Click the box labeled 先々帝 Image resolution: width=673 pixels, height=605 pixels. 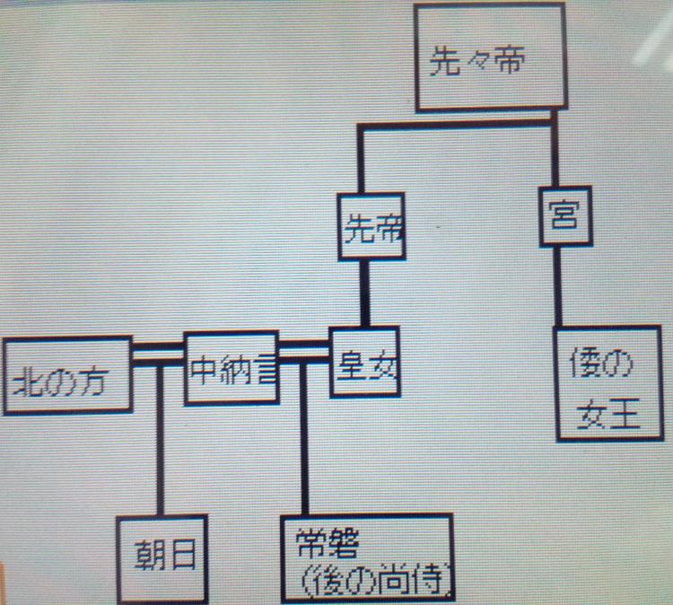pyautogui.click(x=490, y=57)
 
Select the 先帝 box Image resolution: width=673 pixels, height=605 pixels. pyautogui.click(x=371, y=227)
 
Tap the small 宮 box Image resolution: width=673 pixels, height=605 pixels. pyautogui.click(x=565, y=216)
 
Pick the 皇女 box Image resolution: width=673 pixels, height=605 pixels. pyautogui.click(x=365, y=362)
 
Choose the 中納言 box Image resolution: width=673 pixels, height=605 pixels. pyautogui.click(x=232, y=368)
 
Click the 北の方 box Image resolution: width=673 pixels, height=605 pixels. pyautogui.click(x=67, y=376)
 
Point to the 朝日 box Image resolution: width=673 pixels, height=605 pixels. pyautogui.click(x=162, y=559)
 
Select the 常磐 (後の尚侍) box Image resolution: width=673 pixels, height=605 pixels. pyautogui.click(x=368, y=557)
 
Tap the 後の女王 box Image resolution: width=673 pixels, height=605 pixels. pyautogui.click(x=608, y=383)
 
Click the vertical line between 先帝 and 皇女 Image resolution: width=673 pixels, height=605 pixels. pyautogui.click(x=365, y=294)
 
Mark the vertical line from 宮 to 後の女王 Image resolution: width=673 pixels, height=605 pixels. pyautogui.click(x=557, y=286)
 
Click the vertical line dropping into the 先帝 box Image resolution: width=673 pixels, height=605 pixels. pyautogui.click(x=361, y=159)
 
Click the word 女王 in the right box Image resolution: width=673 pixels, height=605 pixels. pyautogui.click(x=608, y=414)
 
